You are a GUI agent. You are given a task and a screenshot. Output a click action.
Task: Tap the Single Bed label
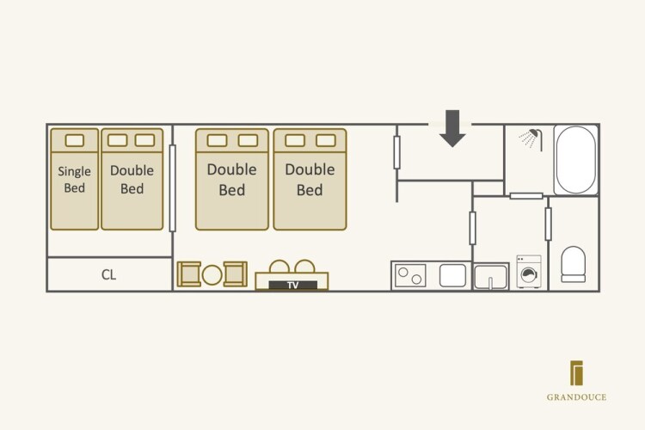75,179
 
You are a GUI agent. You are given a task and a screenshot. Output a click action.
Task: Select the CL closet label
108,275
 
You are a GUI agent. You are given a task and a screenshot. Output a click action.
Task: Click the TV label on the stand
292,285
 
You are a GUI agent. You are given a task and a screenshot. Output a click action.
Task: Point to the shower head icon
534,138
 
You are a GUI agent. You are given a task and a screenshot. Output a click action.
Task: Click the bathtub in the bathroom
575,160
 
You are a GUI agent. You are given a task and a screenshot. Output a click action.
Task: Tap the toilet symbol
573,264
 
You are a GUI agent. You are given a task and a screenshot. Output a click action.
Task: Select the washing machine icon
529,271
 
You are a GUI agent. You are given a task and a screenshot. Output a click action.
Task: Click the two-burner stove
409,275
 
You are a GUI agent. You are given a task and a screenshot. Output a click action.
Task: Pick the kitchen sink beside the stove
453,275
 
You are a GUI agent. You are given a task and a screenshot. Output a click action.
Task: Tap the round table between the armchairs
212,275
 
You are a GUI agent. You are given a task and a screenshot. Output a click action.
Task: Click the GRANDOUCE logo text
576,397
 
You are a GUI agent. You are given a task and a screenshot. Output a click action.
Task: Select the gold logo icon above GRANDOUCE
577,373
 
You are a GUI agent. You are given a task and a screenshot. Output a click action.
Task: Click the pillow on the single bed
75,140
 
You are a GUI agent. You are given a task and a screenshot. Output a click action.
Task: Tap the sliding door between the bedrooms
173,187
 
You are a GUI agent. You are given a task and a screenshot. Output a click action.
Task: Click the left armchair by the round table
189,273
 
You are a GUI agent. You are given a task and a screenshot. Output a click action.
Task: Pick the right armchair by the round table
235,273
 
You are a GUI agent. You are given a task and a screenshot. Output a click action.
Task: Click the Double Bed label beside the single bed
132,179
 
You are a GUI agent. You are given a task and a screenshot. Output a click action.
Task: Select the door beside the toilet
548,224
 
